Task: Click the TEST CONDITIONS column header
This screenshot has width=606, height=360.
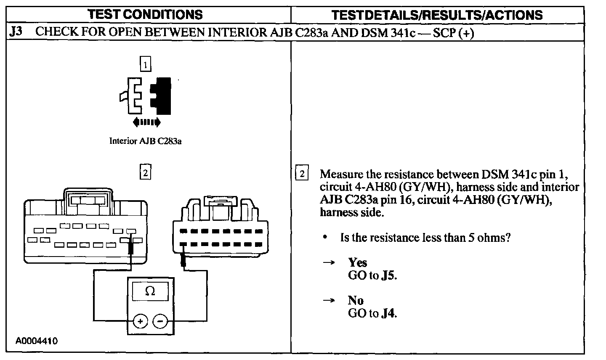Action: (145, 15)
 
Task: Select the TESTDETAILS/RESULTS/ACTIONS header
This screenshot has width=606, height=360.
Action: (437, 15)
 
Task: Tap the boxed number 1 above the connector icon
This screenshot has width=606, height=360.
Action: (145, 65)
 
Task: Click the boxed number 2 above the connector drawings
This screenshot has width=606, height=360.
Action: (145, 172)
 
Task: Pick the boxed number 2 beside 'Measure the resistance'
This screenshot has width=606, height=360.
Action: (302, 174)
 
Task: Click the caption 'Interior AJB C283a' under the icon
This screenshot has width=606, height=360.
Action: (145, 141)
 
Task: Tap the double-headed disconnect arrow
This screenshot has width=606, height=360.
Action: (146, 122)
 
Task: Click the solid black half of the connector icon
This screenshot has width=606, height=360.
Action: (163, 96)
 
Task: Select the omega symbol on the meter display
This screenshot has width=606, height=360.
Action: (150, 291)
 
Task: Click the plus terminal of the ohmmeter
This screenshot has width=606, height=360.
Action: (140, 322)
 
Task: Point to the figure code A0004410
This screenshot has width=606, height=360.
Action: (37, 341)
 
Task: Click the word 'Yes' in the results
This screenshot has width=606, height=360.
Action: (358, 263)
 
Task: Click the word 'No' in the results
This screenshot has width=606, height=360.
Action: (356, 300)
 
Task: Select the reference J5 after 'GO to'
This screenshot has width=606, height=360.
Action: (389, 276)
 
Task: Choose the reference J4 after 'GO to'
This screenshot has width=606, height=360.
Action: (389, 314)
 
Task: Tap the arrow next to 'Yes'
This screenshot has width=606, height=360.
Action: (329, 263)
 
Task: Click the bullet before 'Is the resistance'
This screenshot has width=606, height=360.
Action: (325, 238)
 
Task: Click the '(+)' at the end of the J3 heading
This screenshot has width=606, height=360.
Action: (466, 33)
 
